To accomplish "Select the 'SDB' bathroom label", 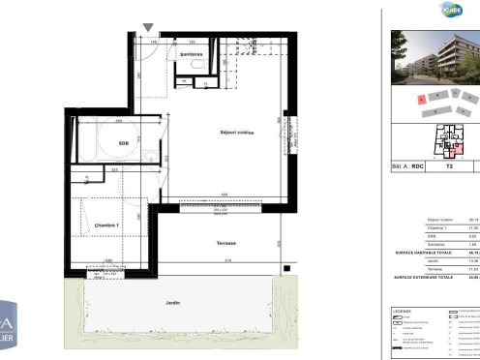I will [124, 143].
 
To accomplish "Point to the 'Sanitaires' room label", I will [191, 55].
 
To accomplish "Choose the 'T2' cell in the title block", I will [448, 166].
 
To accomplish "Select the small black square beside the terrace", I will [286, 269].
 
